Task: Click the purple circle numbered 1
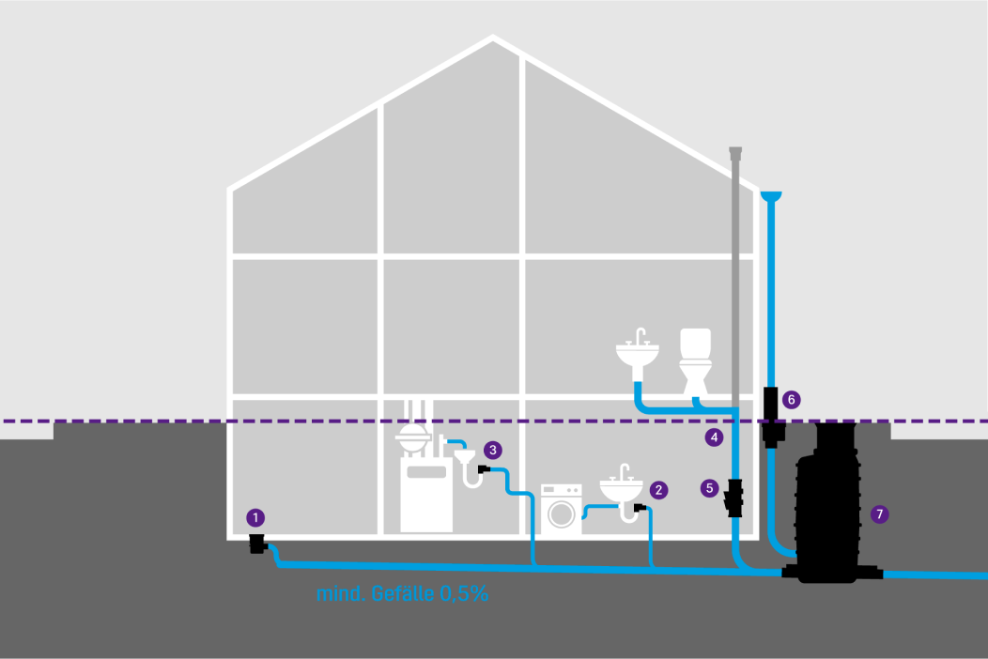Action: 255,518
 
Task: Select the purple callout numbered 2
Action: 658,490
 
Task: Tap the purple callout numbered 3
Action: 493,451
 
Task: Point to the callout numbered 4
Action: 714,437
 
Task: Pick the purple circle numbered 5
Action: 709,488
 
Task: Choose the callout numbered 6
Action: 792,399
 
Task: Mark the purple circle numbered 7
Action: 880,514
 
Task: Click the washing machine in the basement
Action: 562,509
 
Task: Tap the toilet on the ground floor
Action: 696,361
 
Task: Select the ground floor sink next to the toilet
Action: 638,354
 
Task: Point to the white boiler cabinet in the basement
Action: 426,495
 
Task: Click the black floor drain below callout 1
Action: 257,544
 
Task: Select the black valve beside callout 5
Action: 734,498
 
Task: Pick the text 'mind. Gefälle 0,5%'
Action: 402,593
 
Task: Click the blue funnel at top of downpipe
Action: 771,196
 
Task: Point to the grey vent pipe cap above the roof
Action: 735,152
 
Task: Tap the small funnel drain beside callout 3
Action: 465,455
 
